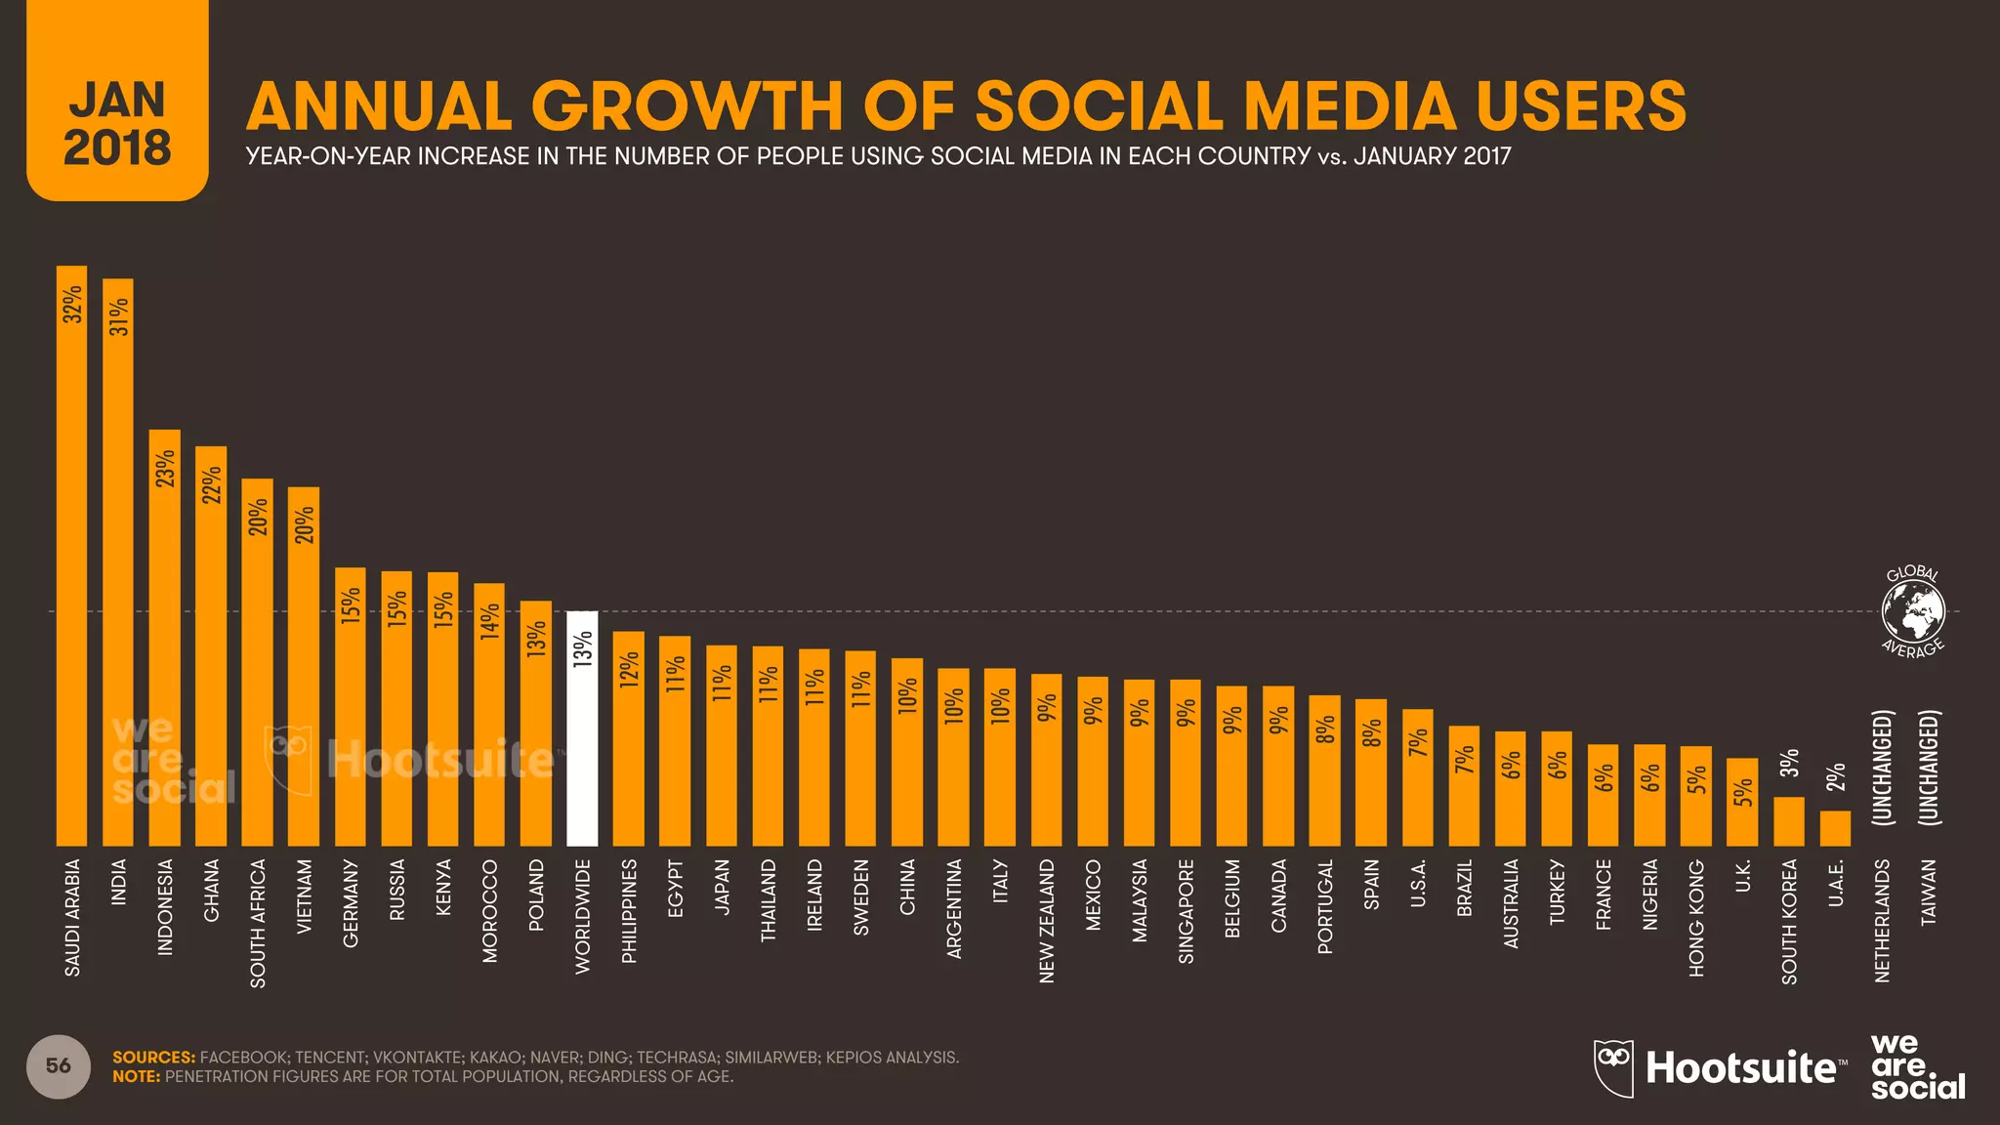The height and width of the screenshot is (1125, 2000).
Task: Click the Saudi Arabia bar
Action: pos(71,557)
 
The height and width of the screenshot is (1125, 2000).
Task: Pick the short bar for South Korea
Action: pos(1789,822)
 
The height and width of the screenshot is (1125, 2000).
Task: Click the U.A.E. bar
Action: pos(1835,829)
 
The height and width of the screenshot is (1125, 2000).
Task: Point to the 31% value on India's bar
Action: pos(118,316)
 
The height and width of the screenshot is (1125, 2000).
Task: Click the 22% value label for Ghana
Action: pos(211,484)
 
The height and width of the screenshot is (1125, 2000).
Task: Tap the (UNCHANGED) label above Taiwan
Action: pos(1928,768)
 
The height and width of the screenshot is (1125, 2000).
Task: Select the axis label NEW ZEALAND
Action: pos(1047,921)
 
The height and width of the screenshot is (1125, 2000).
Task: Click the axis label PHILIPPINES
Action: pos(629,911)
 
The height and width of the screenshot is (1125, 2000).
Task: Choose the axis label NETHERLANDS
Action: pos(1882,921)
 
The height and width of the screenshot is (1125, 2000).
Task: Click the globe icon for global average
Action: pos(1913,612)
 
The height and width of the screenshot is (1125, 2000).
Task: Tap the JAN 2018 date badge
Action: pos(117,123)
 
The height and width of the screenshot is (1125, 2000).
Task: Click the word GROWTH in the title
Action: pos(687,106)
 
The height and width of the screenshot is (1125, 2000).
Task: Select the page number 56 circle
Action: pos(59,1065)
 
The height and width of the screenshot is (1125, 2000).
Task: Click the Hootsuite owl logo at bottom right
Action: pos(1613,1067)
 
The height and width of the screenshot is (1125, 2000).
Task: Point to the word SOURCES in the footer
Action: pos(153,1058)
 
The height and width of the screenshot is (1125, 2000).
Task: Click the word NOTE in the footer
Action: pos(136,1077)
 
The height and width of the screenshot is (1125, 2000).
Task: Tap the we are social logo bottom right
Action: pos(1917,1066)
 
